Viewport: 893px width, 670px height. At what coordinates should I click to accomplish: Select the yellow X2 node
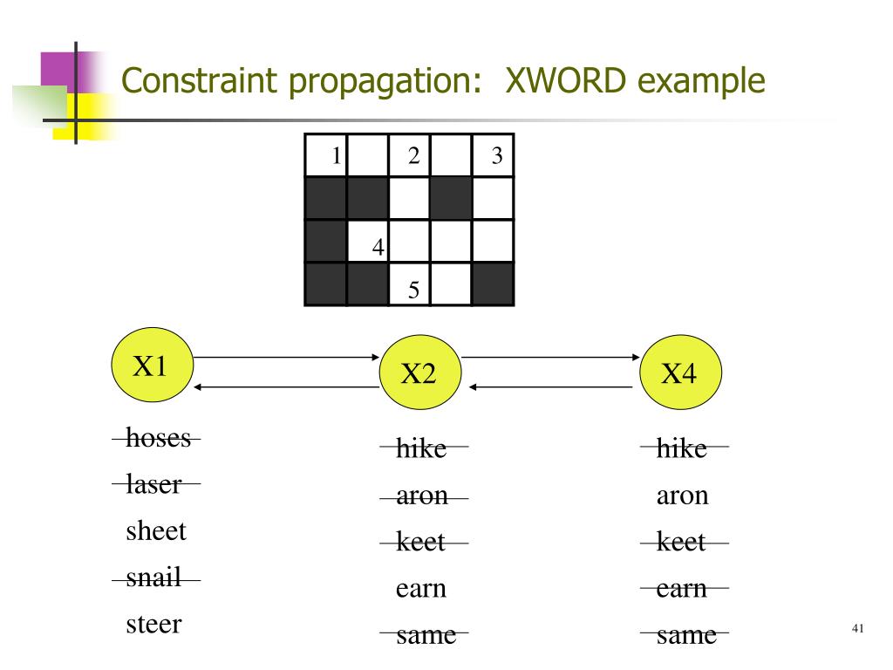tap(418, 374)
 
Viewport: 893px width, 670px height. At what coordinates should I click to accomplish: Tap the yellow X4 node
tap(679, 374)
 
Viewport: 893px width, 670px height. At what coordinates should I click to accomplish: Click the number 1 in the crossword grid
tap(336, 156)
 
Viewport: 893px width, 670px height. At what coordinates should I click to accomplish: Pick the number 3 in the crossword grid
tap(497, 156)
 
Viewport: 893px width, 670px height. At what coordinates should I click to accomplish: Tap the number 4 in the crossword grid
tap(378, 247)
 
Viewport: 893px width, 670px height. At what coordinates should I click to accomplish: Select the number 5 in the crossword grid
tap(414, 290)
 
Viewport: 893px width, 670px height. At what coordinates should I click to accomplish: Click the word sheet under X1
tap(156, 530)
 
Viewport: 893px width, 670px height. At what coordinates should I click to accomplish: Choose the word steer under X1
tap(153, 624)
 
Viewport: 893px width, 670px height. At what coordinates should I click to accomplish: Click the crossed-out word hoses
tap(158, 438)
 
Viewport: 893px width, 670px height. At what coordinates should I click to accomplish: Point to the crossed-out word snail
tap(153, 578)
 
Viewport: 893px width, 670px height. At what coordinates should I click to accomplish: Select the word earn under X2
tap(421, 588)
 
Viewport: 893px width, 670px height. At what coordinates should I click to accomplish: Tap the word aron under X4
tap(682, 496)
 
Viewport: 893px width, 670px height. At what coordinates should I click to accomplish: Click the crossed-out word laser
tap(153, 484)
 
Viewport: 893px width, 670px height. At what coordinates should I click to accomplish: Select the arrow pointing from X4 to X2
tap(550, 386)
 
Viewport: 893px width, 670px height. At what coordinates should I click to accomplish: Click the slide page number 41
tap(857, 629)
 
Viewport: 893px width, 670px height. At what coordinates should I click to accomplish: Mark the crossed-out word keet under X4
tap(681, 542)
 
